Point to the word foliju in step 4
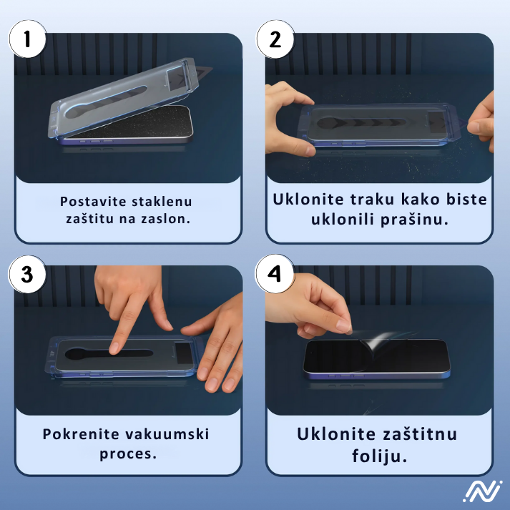pos(380,455)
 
